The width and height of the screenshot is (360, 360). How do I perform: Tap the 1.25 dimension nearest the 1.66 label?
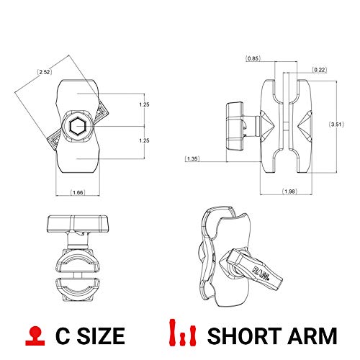click(x=143, y=141)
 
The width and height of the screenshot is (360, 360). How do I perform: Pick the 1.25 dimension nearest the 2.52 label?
click(x=143, y=105)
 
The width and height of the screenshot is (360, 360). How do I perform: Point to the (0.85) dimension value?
click(x=253, y=58)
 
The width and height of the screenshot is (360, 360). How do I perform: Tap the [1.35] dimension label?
click(x=192, y=158)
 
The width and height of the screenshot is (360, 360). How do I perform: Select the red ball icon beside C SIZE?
click(x=34, y=334)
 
